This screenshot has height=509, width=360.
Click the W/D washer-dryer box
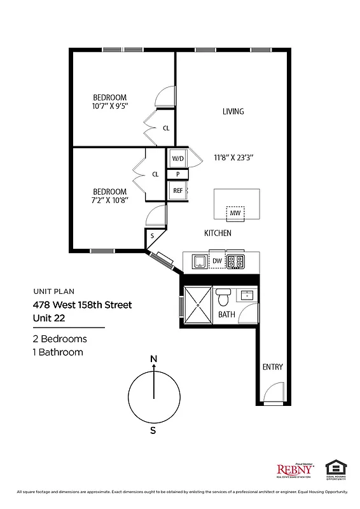point(177,158)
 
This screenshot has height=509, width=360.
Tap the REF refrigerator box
point(177,190)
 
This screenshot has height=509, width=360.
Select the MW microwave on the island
point(235,213)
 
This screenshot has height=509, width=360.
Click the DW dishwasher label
point(216,260)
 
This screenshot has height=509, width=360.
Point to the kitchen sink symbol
point(198,260)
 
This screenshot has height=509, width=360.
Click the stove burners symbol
point(236,260)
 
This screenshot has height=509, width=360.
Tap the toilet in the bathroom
point(223,297)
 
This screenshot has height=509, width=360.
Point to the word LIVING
point(233,111)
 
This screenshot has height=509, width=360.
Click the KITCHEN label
point(218,234)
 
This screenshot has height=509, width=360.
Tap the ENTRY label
point(272,367)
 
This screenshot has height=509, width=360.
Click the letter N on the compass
point(153,359)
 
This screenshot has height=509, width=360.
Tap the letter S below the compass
point(153,429)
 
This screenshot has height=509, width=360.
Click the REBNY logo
point(294,470)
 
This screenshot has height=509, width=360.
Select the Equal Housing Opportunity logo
point(336,469)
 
